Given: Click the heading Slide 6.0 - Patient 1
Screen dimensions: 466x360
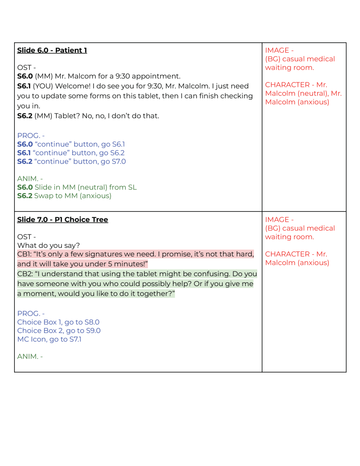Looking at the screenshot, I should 52,50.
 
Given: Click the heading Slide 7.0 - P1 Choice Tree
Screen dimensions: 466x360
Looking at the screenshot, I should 62,220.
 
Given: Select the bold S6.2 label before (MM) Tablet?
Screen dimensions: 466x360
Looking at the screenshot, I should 25,116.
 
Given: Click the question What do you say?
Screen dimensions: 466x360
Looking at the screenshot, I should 48,245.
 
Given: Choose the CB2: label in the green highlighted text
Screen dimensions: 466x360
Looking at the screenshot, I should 25,274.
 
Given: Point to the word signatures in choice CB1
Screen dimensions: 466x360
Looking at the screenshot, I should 110,254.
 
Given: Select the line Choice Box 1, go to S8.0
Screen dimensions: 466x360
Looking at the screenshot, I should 58,322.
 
